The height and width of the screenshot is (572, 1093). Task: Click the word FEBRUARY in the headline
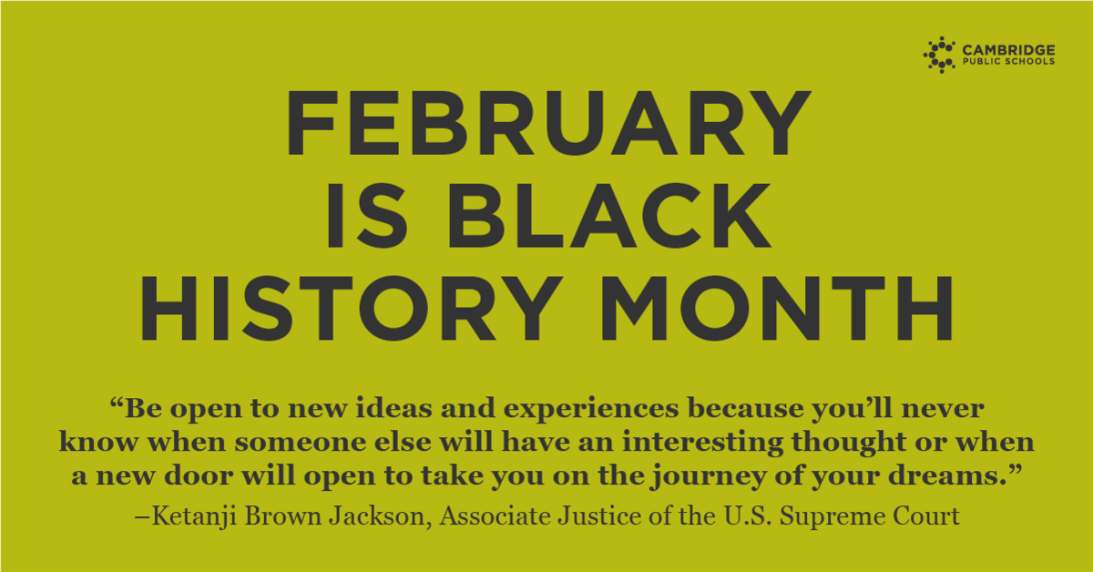548,122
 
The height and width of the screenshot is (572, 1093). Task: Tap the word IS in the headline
366,216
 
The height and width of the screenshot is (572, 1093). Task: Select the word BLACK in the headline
609,216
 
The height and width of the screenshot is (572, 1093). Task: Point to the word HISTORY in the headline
351,309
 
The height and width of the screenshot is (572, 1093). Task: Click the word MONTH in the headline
776,309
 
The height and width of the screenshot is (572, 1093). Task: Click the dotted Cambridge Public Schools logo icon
939,55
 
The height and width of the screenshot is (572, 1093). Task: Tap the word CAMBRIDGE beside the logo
1008,50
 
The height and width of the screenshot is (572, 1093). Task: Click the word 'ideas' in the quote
393,408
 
